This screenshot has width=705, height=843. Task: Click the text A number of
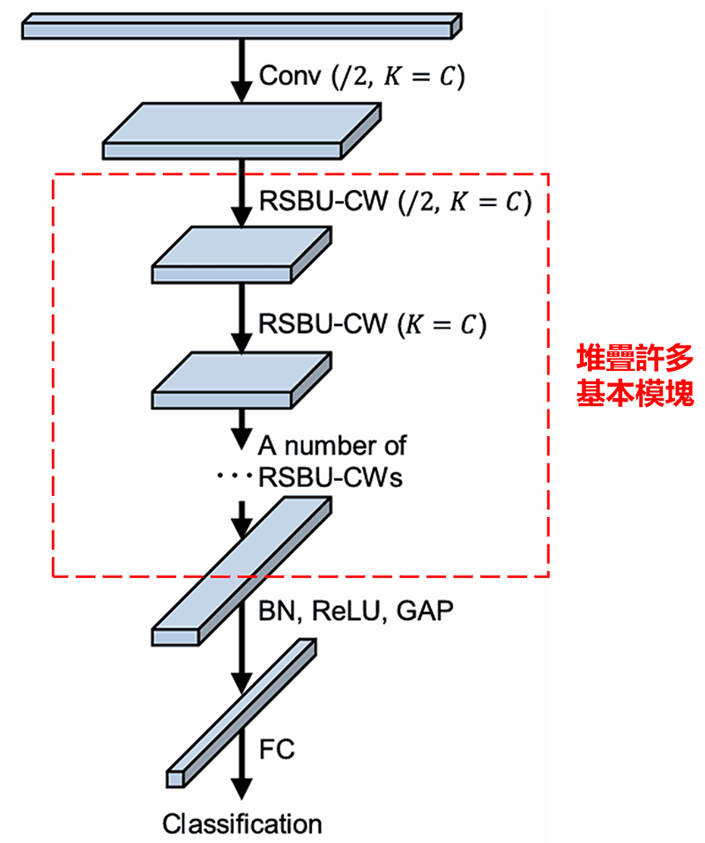tap(332, 445)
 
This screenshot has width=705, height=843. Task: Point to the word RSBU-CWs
tap(330, 477)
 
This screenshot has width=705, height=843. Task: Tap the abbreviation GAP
tap(421, 610)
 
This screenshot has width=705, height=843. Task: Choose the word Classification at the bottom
tap(242, 825)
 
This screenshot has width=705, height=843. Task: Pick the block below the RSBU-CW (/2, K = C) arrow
tap(242, 255)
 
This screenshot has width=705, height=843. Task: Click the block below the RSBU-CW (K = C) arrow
tap(242, 381)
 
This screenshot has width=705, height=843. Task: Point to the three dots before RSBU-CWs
tap(234, 477)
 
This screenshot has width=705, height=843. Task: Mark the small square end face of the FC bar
tap(174, 778)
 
